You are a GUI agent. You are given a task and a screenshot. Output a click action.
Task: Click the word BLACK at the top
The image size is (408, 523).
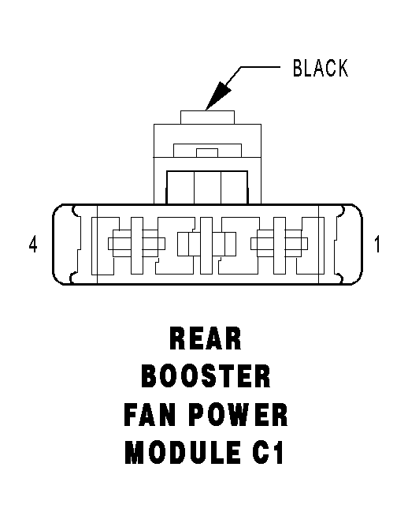(321, 68)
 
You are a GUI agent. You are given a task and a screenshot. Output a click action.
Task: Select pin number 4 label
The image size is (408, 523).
(33, 245)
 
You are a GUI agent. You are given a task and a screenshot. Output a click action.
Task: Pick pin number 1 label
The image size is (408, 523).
(376, 245)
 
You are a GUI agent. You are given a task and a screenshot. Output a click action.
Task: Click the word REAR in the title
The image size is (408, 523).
(206, 338)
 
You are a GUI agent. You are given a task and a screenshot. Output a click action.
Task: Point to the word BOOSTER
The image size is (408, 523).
(206, 376)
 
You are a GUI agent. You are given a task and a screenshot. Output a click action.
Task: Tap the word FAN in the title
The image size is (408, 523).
(150, 415)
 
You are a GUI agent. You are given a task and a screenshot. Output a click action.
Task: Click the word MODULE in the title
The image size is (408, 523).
(183, 452)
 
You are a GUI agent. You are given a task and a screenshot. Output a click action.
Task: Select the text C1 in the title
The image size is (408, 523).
(268, 452)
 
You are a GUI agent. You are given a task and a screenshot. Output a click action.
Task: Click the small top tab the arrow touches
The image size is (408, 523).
(207, 118)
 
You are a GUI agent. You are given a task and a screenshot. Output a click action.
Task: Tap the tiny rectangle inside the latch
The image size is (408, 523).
(207, 153)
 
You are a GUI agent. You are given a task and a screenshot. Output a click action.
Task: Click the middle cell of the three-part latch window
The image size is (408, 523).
(207, 187)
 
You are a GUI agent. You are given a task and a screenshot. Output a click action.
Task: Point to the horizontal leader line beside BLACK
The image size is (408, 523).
(260, 67)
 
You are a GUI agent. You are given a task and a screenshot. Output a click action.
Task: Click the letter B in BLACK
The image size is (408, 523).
(298, 68)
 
